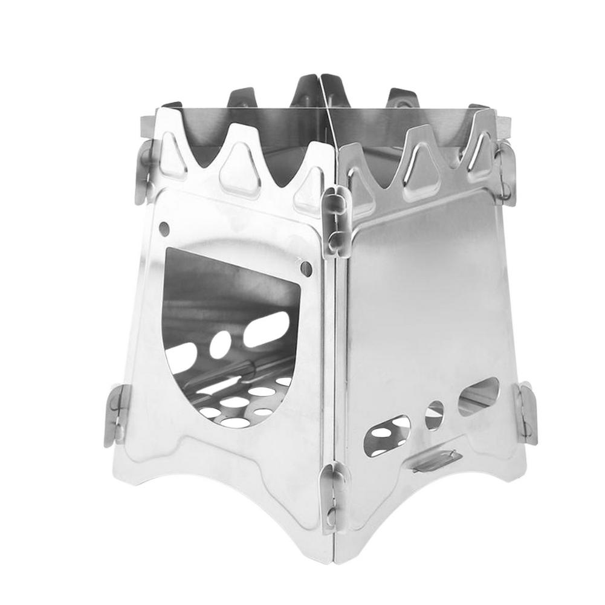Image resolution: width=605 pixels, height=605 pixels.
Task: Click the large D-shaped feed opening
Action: (233, 338)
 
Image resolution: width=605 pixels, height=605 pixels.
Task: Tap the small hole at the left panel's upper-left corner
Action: (163, 228)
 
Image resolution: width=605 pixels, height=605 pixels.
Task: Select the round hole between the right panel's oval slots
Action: (434, 415)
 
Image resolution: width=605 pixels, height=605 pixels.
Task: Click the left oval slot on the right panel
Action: (386, 434)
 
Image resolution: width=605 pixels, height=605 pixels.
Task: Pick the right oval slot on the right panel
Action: (479, 396)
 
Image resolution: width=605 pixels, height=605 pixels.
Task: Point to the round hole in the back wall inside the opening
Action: (221, 343)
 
